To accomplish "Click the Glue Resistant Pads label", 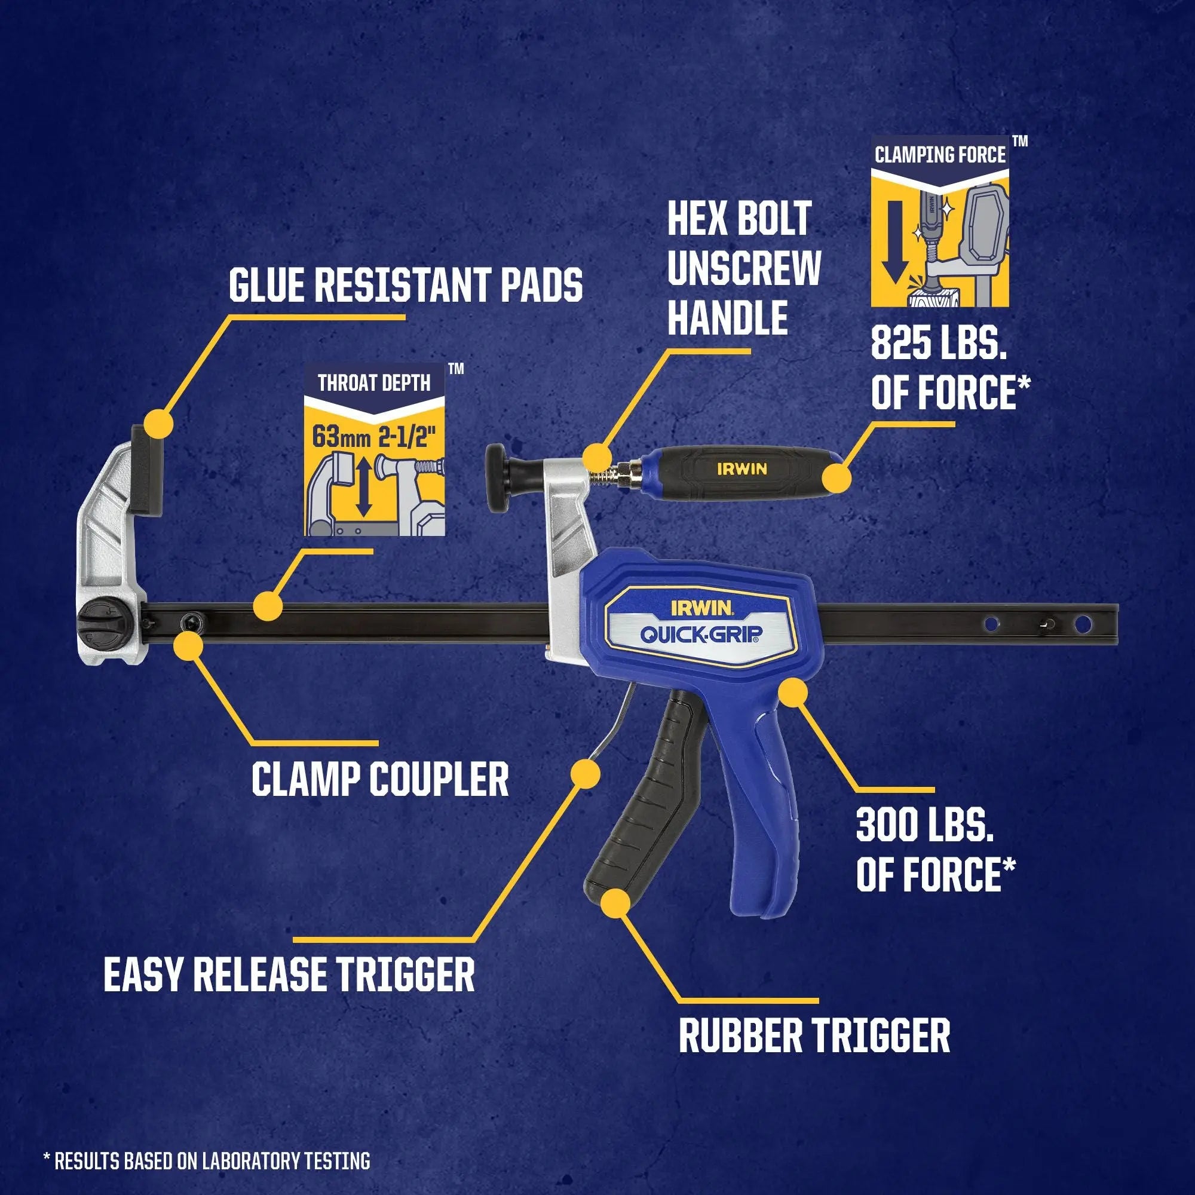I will [405, 284].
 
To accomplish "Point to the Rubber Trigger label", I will [814, 1036].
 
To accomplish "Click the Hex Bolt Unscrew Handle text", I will [743, 268].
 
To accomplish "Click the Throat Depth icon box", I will [374, 449].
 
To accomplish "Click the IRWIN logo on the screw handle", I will [741, 469].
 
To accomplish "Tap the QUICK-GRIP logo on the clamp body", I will [701, 634].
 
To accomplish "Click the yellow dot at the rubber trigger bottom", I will [615, 902].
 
